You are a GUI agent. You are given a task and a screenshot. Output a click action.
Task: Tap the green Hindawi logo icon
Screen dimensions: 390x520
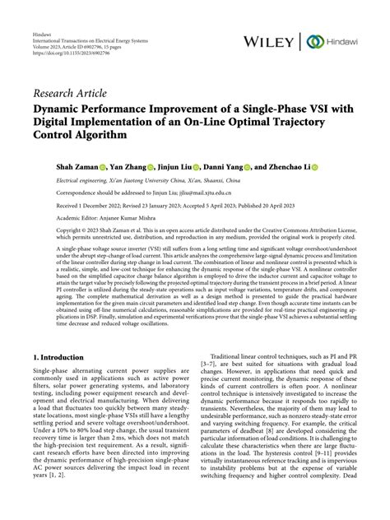pos(313,41)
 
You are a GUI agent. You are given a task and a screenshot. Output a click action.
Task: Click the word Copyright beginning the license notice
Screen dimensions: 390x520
pos(46,232)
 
